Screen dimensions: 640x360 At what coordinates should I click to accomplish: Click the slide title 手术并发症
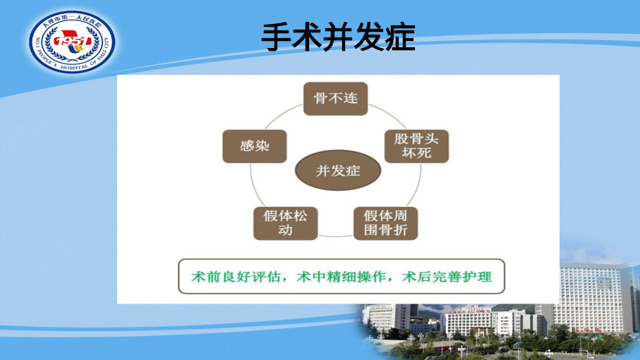click(338, 37)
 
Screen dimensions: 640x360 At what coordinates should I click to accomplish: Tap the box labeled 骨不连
click(335, 99)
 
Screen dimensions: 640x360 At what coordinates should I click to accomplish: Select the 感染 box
click(255, 147)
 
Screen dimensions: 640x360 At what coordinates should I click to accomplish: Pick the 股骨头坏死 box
click(417, 147)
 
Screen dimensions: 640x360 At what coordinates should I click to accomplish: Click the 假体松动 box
click(285, 223)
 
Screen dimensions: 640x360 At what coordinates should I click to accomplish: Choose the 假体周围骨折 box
click(386, 223)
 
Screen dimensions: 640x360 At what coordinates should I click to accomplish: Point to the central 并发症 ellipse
click(338, 170)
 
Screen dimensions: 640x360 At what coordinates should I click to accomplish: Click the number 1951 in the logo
click(72, 41)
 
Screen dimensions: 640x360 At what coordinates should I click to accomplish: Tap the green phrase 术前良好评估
click(236, 277)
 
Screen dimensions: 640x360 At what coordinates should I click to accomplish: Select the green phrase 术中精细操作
click(341, 277)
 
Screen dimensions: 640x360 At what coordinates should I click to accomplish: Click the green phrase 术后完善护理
click(447, 277)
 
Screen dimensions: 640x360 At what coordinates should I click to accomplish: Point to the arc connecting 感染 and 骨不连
click(282, 115)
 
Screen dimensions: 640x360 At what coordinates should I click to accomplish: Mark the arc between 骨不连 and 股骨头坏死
click(390, 115)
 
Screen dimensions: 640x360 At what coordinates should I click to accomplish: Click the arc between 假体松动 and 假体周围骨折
click(335, 236)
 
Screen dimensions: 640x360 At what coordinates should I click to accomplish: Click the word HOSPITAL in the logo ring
click(75, 67)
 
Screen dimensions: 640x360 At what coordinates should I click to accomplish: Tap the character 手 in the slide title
click(277, 37)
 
